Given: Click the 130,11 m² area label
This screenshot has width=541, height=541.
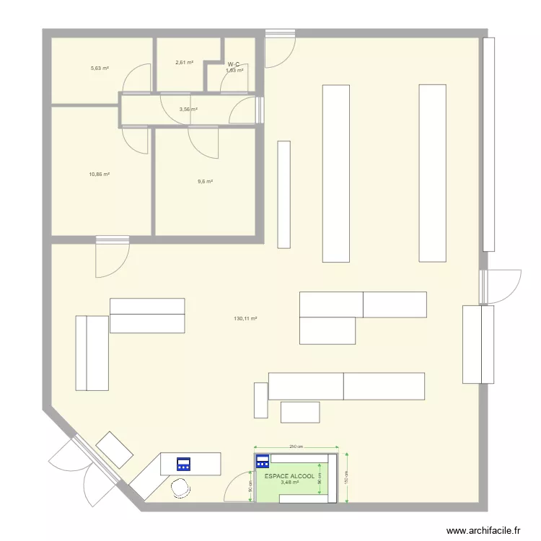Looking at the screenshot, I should point(245,318).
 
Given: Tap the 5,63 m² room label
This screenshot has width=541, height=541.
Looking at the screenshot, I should point(100,69).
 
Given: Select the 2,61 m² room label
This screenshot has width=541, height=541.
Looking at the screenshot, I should point(184,63).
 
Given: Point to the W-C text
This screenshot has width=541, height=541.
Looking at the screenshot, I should point(234,64).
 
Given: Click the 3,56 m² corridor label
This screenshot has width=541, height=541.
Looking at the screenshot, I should point(188,110).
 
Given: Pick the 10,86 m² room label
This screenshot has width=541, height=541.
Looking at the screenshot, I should point(99,175).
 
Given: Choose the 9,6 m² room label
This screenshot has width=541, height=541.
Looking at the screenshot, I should point(205,182).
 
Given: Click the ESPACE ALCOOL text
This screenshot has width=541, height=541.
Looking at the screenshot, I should point(289,477).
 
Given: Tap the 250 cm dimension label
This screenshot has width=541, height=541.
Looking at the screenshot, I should point(296,447).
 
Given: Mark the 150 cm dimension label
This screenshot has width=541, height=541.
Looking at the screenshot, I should point(346,478).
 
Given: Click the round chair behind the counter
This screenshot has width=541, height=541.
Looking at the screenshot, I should point(180,488).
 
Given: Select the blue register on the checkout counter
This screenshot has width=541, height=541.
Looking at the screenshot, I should point(183,465).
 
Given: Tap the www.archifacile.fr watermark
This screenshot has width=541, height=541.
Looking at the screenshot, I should point(483,530).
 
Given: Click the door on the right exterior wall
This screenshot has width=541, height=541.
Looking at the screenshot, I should point(502,286).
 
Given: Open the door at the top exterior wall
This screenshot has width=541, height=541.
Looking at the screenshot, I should point(280,49).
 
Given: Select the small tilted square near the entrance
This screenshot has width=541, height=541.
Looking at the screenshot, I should point(115,450).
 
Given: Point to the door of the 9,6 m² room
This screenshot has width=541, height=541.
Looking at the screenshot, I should point(203,140).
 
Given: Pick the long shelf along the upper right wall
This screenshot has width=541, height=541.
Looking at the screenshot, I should point(488,144).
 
